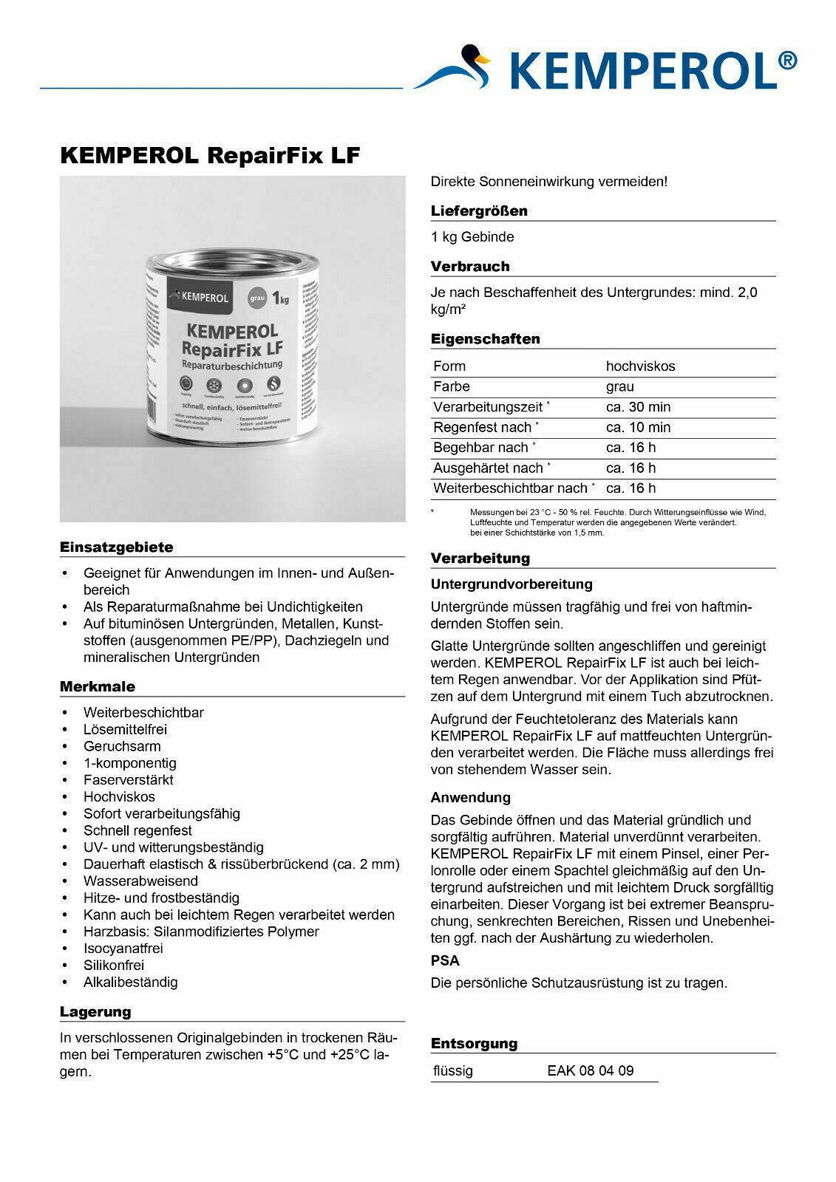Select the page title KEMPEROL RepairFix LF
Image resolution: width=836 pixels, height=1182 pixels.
point(209,156)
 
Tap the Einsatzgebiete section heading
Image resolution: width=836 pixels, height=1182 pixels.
point(116,547)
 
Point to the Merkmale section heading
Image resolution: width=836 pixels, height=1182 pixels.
point(97,686)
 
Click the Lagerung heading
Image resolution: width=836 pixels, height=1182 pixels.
point(95,1012)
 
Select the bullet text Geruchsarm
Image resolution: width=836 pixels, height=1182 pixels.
point(122,746)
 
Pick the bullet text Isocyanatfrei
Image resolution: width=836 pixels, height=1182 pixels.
point(123,949)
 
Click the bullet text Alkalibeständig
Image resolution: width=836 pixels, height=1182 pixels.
point(131,983)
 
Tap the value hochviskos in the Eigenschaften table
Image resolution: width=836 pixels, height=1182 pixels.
point(640,366)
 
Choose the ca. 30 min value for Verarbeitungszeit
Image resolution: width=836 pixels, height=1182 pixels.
point(638,407)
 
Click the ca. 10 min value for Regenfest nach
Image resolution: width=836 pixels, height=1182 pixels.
point(638,427)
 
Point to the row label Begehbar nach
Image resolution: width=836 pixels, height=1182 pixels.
point(481,448)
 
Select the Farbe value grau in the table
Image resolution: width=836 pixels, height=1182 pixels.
point(619,386)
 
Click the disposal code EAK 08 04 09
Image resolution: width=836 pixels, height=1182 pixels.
point(590,1070)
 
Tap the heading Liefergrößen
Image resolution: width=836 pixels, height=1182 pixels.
point(479,211)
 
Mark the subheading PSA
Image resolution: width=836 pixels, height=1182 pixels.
point(445,960)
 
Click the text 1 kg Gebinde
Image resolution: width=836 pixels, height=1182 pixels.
point(472,237)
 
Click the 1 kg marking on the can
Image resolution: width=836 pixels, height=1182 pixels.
point(279,298)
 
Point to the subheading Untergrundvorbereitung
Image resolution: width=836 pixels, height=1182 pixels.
point(512,584)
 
